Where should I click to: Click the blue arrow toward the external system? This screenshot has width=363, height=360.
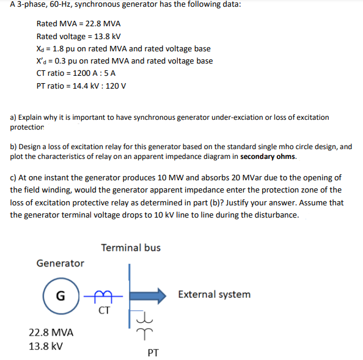point(150,295)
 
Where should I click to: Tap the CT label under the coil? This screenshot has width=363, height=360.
point(105,309)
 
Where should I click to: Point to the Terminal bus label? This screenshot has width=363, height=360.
point(131,248)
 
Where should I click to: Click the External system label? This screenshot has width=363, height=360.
point(214,295)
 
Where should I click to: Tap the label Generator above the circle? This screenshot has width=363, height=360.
point(61,263)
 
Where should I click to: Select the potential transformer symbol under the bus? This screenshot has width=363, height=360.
point(142,324)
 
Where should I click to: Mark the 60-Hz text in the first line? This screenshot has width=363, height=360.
point(57,6)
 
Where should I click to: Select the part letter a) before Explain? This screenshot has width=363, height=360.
point(13,117)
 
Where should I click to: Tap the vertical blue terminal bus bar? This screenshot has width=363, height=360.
point(129,293)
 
